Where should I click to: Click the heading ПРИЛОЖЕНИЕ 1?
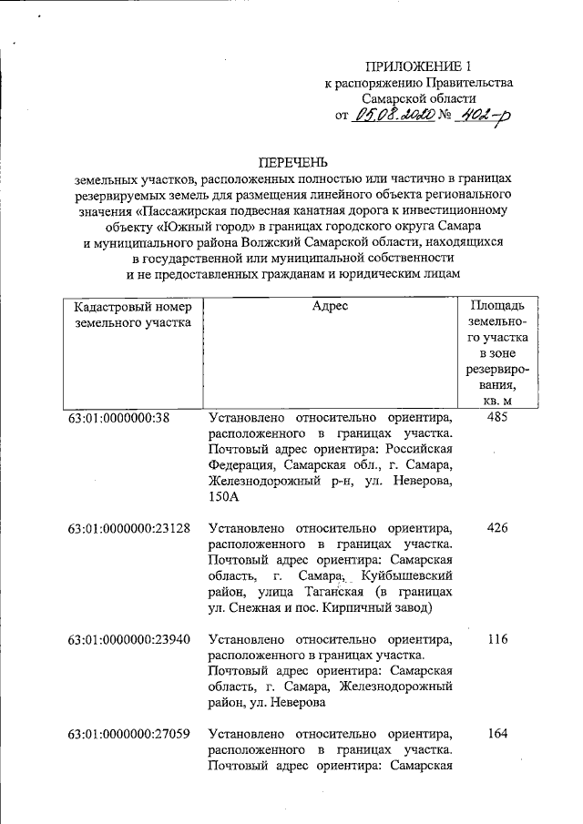[418, 66]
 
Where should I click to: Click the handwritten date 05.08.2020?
[398, 116]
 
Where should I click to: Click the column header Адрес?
[330, 307]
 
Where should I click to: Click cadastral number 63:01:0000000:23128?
[128, 528]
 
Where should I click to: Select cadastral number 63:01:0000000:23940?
[128, 639]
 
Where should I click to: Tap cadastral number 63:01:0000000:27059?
[128, 733]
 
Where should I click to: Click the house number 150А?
[223, 497]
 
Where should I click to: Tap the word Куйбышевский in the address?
[406, 576]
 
